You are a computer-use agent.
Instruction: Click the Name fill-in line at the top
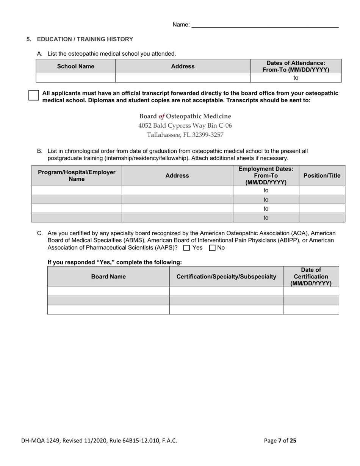[x=265, y=25]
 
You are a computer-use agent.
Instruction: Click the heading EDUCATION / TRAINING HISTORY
[x=85, y=39]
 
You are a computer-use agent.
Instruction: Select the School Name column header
[x=75, y=66]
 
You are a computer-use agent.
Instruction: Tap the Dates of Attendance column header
[x=296, y=66]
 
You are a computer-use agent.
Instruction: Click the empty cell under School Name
[x=75, y=78]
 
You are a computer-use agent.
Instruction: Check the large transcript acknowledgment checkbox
[x=34, y=95]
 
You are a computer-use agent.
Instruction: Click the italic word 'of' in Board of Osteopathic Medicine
[x=161, y=116]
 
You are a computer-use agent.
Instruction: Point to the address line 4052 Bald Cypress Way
[x=185, y=125]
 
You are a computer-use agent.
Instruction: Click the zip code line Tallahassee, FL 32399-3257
[x=185, y=134]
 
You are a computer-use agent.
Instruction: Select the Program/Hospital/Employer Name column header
[x=77, y=175]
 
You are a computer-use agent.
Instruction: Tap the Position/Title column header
[x=322, y=175]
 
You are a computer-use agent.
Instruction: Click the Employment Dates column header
[x=266, y=175]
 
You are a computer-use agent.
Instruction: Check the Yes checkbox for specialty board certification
[x=186, y=248]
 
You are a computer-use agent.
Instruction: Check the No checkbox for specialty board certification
[x=212, y=248]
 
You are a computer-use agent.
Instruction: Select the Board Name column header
[x=108, y=277]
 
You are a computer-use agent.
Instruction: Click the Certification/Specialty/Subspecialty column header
[x=226, y=277]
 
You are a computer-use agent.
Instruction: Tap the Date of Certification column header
[x=311, y=277]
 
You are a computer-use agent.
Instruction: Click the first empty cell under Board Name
[x=108, y=291]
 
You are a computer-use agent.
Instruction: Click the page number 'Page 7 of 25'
[x=280, y=440]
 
